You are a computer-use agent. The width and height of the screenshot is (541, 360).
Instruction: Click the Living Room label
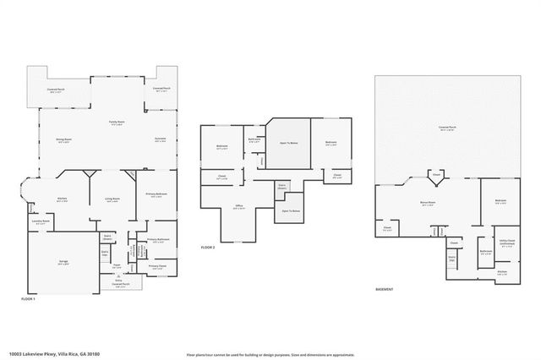tap(110, 200)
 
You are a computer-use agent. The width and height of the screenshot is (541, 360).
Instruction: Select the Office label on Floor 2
tap(239, 206)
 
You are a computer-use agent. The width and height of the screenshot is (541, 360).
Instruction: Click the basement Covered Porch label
tap(447, 128)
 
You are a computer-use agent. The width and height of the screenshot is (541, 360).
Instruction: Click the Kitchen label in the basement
tap(502, 272)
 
